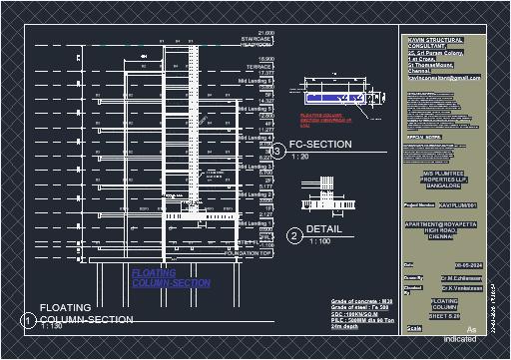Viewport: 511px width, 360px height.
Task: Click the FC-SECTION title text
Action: (x=320, y=145)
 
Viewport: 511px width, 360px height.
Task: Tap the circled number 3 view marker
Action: (x=279, y=151)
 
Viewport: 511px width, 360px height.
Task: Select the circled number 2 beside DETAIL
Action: (x=293, y=235)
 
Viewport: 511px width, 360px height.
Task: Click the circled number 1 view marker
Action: (x=30, y=320)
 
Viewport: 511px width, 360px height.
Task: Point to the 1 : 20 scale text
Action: (x=299, y=158)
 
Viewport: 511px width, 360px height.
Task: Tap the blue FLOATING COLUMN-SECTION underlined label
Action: (x=170, y=278)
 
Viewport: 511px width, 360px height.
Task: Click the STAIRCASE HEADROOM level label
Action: (x=255, y=42)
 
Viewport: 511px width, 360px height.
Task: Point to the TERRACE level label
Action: (x=258, y=67)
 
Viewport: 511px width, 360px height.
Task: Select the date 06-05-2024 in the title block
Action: (x=440, y=264)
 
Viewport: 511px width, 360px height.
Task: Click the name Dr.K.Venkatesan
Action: (x=446, y=286)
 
